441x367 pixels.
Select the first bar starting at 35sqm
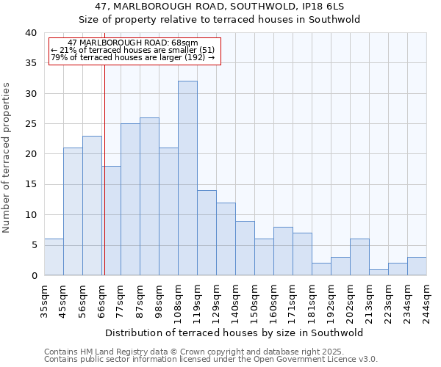(x=54, y=257)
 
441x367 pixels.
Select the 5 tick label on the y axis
(x=33, y=245)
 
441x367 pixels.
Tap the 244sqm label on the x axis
(x=426, y=302)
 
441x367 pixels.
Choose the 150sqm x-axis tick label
(x=254, y=302)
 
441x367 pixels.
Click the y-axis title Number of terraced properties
(x=7, y=157)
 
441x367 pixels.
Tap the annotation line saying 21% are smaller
(x=132, y=50)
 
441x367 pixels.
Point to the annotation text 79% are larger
(x=132, y=57)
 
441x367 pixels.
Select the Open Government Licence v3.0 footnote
(x=211, y=360)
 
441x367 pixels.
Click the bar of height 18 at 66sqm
(x=111, y=220)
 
